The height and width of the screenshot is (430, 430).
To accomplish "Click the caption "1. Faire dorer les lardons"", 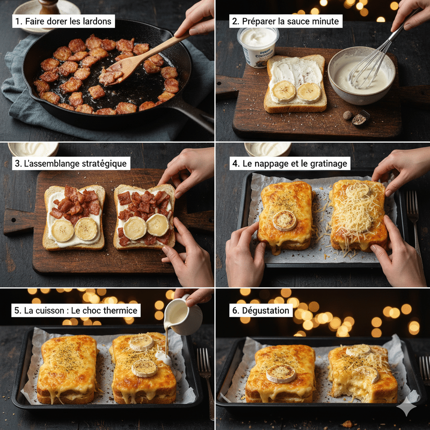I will [63, 21].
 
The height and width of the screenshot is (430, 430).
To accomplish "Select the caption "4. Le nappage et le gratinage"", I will [290, 163].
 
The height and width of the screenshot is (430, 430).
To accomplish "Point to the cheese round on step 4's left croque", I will [285, 220].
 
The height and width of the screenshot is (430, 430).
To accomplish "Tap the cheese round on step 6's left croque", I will [281, 373].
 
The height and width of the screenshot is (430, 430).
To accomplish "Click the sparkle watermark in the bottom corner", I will [406, 406].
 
